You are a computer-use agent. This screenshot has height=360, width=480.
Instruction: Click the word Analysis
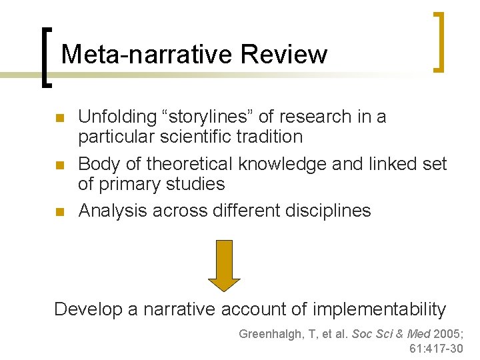tap(113, 210)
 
